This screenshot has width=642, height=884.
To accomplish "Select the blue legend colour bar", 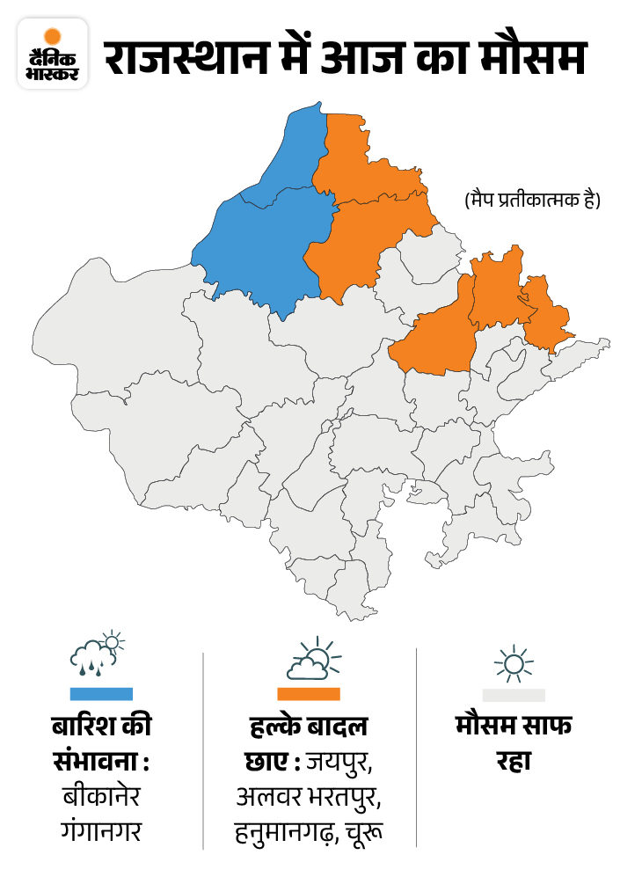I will pyautogui.click(x=101, y=694).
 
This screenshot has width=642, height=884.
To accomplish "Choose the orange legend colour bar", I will pyautogui.click(x=309, y=694).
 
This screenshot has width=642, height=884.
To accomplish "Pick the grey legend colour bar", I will pyautogui.click(x=514, y=694).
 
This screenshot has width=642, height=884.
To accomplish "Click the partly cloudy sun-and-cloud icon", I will pyautogui.click(x=309, y=660).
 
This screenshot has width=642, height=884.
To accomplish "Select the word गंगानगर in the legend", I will pyautogui.click(x=100, y=830).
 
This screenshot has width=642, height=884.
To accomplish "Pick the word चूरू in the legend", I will pyautogui.click(x=363, y=830).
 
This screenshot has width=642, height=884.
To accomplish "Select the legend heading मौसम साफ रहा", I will pyautogui.click(x=514, y=744).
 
